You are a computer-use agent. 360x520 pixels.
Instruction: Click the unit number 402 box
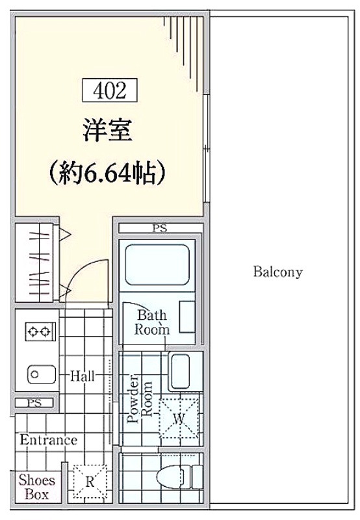pyautogui.click(x=110, y=90)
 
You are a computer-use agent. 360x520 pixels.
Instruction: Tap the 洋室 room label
pyautogui.click(x=107, y=130)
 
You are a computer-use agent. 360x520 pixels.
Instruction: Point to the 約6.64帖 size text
pyautogui.click(x=107, y=173)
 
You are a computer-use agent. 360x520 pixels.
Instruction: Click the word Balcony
pyautogui.click(x=277, y=272)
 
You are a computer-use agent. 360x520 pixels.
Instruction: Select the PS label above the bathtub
pyautogui.click(x=159, y=228)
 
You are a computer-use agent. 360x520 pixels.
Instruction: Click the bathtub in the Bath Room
pyautogui.click(x=157, y=265)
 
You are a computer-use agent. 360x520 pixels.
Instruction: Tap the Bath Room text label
pyautogui.click(x=152, y=322)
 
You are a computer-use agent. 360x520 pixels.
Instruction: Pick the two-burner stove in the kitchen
pyautogui.click(x=40, y=331)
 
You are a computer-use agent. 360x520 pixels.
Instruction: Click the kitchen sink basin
pyautogui.click(x=41, y=374)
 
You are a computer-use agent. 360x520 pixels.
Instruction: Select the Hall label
pyautogui.click(x=83, y=376)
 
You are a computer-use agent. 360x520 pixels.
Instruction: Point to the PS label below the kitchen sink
pyautogui.click(x=34, y=403)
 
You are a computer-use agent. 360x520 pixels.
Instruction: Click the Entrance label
pyautogui.click(x=48, y=440)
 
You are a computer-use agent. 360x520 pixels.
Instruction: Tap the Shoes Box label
pyautogui.click(x=37, y=487)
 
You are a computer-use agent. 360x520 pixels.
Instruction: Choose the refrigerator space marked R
pyautogui.click(x=90, y=482)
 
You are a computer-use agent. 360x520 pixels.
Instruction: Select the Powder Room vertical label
pyautogui.click(x=140, y=398)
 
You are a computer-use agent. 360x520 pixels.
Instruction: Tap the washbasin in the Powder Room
pyautogui.click(x=179, y=371)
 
